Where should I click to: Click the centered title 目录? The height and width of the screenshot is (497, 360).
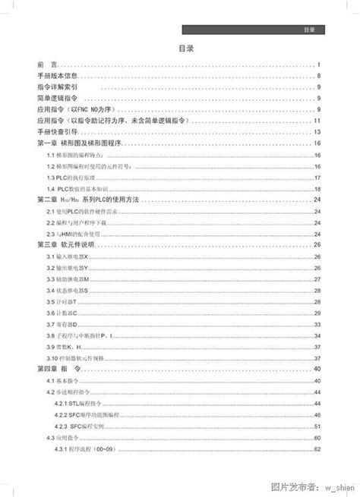pyautogui.click(x=186, y=48)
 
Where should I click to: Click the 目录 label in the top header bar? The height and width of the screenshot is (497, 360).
pyautogui.click(x=309, y=30)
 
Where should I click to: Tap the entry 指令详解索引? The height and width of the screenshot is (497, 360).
pyautogui.click(x=57, y=87)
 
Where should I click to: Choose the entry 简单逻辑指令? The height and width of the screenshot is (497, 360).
pyautogui.click(x=57, y=99)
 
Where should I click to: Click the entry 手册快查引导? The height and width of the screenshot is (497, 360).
pyautogui.click(x=57, y=131)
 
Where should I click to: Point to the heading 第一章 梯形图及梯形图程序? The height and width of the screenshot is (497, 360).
pyautogui.click(x=80, y=143)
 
